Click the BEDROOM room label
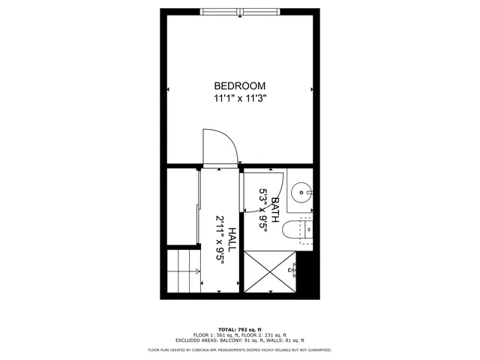coord(240,85)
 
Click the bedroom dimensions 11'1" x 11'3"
coord(240,97)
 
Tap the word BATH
coord(275,209)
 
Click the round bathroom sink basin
coord(301,192)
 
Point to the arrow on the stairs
coord(196,272)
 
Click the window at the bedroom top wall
coord(240,11)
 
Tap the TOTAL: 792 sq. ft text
coord(240,330)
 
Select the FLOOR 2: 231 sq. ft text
coord(266,335)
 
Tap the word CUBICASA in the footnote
coord(202,349)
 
